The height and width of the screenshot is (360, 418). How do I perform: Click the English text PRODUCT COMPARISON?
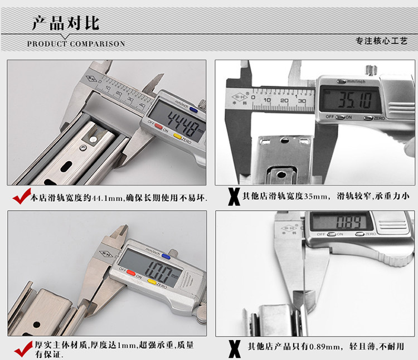click(76, 43)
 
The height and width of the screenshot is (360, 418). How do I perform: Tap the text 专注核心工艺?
click(382, 41)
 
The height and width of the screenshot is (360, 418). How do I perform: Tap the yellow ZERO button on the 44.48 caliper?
click(177, 135)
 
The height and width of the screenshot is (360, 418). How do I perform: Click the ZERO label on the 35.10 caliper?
click(380, 118)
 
